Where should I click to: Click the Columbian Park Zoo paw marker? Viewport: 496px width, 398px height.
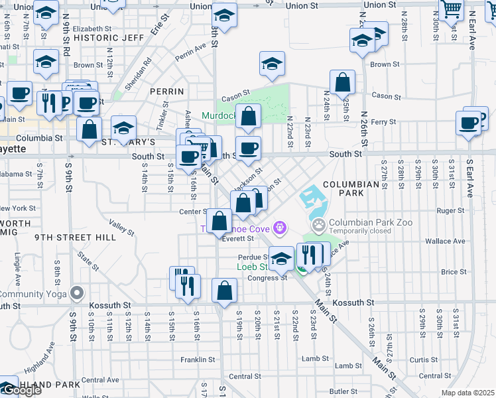pos(320,226)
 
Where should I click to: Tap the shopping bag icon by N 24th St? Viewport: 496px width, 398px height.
pos(342,83)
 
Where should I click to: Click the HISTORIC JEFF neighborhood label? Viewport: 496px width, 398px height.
pos(109,38)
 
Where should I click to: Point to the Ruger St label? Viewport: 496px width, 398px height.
pos(451,211)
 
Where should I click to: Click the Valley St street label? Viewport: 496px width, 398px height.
pos(122,228)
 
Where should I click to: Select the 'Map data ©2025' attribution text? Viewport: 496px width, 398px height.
pos(468,393)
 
